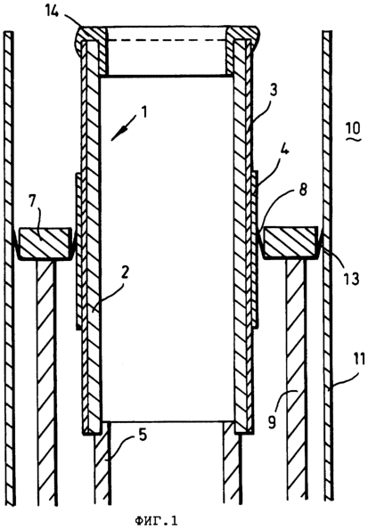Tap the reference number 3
(x=274, y=91)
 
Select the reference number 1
(x=144, y=112)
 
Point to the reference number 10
(x=354, y=128)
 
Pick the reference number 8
(x=303, y=190)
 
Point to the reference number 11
(x=358, y=360)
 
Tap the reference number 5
(x=143, y=435)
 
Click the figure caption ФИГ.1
(x=156, y=521)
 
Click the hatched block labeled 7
(x=45, y=243)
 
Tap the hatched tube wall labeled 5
(x=102, y=469)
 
